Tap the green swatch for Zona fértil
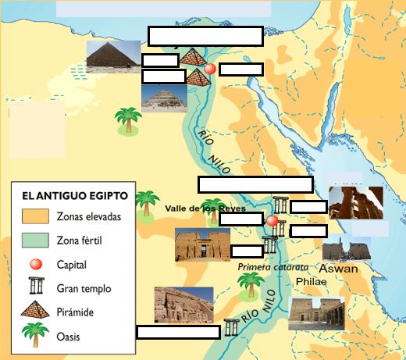[x=34, y=240]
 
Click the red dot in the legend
[x=35, y=264]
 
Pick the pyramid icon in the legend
[x=35, y=312]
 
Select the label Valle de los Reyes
[x=205, y=209]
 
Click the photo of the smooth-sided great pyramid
[x=113, y=58]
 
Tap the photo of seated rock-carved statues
[x=183, y=305]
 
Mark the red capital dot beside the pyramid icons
[x=209, y=69]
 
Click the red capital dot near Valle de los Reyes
[x=272, y=221]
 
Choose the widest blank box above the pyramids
[x=205, y=37]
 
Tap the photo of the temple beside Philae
[x=316, y=315]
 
